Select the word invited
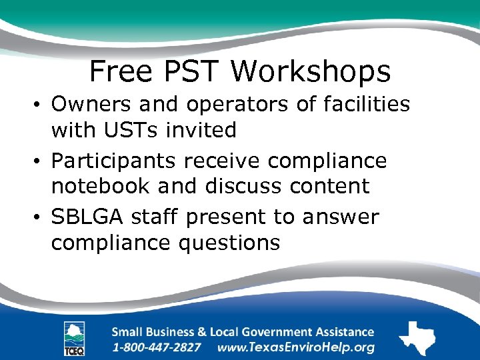coord(204,130)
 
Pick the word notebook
coord(101,186)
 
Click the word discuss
coord(243,186)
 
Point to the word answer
coord(340,217)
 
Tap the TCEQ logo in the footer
coord(74,339)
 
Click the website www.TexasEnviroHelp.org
coord(296,347)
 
